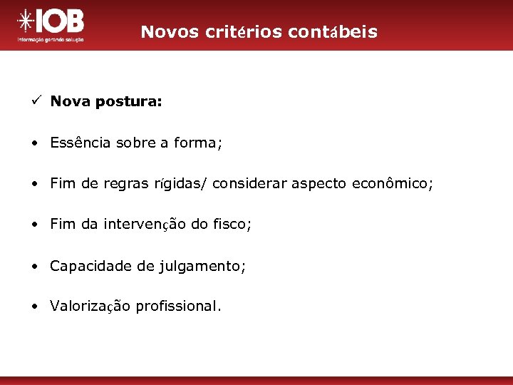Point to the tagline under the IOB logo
(x=50, y=40)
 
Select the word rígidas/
(x=182, y=184)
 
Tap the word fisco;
(x=230, y=225)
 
